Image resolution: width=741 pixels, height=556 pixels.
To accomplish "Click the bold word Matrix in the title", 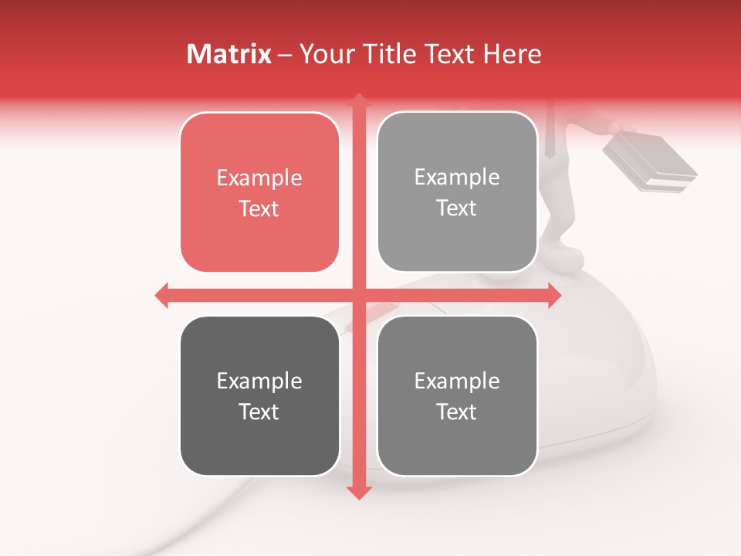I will (229, 54).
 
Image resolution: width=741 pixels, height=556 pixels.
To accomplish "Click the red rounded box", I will (259, 192).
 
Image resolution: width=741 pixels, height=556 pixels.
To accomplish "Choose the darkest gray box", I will (259, 395).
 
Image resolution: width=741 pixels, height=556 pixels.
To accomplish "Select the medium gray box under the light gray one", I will (457, 395).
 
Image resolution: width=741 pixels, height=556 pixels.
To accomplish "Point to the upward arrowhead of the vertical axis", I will (358, 100).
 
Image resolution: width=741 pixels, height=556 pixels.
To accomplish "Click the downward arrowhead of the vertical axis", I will (358, 492).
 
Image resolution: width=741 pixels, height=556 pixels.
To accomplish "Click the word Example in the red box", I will (259, 178).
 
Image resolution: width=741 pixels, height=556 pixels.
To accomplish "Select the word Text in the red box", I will (259, 208).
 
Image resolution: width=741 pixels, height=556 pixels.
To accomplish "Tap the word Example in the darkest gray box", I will (259, 381).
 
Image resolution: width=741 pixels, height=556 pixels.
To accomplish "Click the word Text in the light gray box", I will (457, 208).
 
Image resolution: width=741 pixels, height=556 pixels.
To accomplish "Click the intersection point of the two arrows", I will (358, 295).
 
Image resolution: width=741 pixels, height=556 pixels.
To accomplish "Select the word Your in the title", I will (325, 54).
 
